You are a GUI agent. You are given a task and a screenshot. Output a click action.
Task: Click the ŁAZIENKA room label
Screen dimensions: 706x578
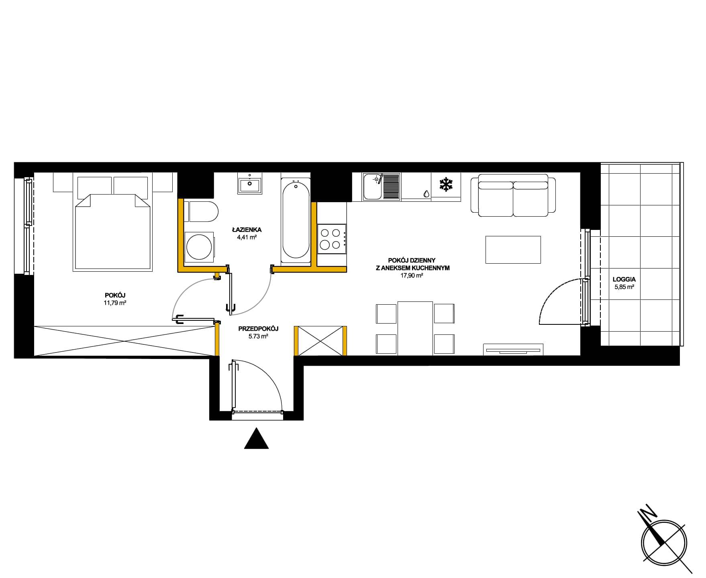pyautogui.click(x=247, y=230)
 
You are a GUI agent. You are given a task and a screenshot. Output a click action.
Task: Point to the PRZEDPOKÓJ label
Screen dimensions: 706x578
pyautogui.click(x=258, y=329)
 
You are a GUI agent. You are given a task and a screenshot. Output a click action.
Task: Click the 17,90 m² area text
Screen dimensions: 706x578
pyautogui.click(x=412, y=275)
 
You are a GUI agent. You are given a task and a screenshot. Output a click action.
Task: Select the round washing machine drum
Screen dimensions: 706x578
pyautogui.click(x=198, y=246)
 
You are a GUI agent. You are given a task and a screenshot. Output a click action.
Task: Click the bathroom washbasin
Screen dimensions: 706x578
pyautogui.click(x=249, y=185)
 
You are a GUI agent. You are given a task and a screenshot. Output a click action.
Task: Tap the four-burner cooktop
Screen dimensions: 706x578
pyautogui.click(x=331, y=239)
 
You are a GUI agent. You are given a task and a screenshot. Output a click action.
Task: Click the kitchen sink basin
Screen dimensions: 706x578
pyautogui.click(x=373, y=187)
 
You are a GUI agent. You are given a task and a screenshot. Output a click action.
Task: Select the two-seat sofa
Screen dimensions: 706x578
pyautogui.click(x=513, y=195)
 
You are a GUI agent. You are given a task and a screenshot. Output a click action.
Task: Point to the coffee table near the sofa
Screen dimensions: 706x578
pyautogui.click(x=513, y=250)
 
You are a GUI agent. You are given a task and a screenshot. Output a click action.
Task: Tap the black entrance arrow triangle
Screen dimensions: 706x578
pyautogui.click(x=256, y=439)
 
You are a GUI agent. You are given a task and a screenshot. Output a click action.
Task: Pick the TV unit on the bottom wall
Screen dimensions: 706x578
pyautogui.click(x=513, y=349)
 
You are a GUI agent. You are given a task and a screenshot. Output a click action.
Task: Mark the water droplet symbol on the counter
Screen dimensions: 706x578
pyautogui.click(x=426, y=193)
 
